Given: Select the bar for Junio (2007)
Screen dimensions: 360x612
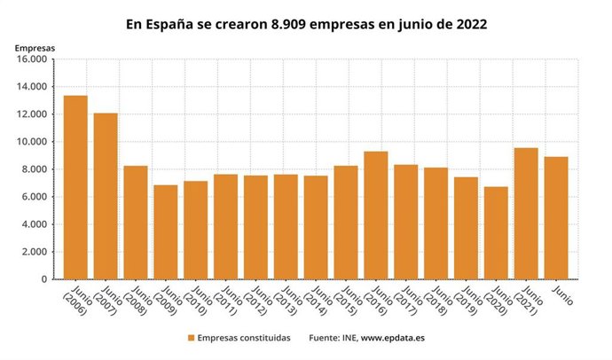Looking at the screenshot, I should pos(106,196).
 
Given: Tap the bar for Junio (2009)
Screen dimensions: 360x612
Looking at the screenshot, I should pos(166,231).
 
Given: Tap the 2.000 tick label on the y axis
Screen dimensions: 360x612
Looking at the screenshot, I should pos(32,252).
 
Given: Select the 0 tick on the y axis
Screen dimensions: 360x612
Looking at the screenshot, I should pos(43,279).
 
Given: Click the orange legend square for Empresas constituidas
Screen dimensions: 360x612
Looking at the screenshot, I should pos(191,338).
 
